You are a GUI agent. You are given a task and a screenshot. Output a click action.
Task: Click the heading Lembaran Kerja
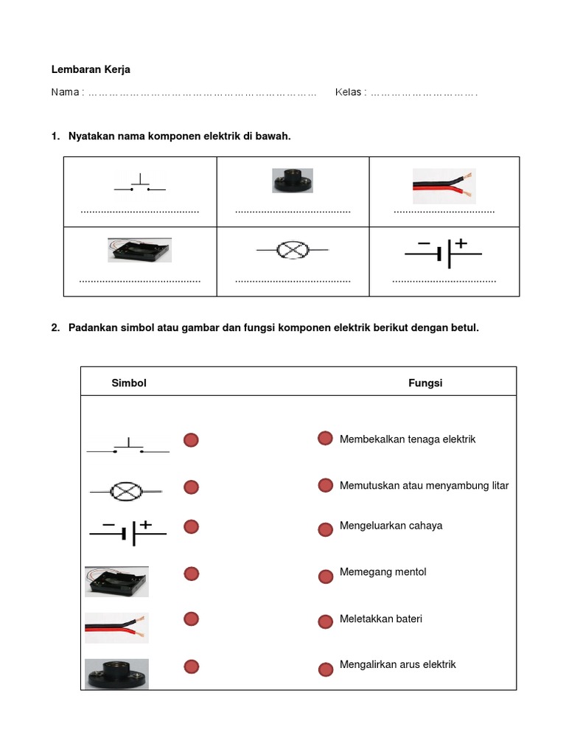pyautogui.click(x=90, y=70)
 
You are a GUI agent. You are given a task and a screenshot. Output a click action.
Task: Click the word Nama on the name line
pyautogui.click(x=66, y=93)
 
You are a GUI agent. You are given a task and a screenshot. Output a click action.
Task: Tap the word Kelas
pyautogui.click(x=349, y=93)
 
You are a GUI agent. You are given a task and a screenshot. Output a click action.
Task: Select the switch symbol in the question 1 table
pyautogui.click(x=140, y=184)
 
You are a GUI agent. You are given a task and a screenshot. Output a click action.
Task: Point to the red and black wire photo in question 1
pyautogui.click(x=444, y=186)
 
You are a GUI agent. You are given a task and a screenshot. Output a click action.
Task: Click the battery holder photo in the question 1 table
pyautogui.click(x=140, y=250)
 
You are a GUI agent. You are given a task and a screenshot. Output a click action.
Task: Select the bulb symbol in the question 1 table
pyautogui.click(x=293, y=251)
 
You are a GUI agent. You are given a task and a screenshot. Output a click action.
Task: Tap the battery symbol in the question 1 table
pyautogui.click(x=443, y=251)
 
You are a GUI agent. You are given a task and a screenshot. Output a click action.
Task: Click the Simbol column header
pyautogui.click(x=129, y=383)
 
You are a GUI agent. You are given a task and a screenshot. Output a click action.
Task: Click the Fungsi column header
pyautogui.click(x=425, y=383)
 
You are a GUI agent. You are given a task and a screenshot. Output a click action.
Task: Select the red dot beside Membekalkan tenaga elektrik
pyautogui.click(x=325, y=439)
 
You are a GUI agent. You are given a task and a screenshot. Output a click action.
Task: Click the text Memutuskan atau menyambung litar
pyautogui.click(x=424, y=486)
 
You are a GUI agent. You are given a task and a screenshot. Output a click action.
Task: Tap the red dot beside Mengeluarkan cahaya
pyautogui.click(x=325, y=529)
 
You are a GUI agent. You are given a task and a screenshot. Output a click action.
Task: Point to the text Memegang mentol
pyautogui.click(x=382, y=572)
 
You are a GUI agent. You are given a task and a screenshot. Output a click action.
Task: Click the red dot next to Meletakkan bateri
pyautogui.click(x=325, y=622)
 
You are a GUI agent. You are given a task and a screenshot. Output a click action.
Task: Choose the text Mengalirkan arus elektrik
pyautogui.click(x=397, y=664)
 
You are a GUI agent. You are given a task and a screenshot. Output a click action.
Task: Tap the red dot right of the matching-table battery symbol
pyautogui.click(x=191, y=526)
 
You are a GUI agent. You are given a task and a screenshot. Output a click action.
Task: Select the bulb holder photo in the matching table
pyautogui.click(x=116, y=674)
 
